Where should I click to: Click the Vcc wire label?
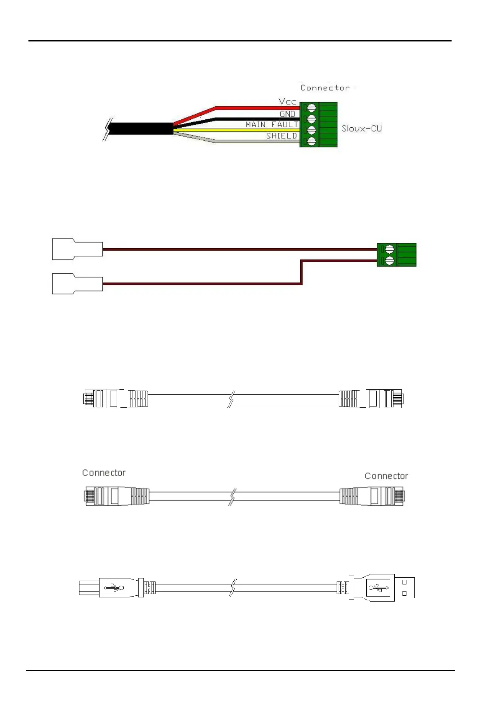coord(287,102)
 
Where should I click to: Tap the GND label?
coord(287,114)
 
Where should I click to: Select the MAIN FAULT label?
coord(272,125)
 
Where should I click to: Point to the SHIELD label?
coord(281,136)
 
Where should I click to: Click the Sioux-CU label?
coord(361,129)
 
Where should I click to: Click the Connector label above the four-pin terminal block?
coord(325,88)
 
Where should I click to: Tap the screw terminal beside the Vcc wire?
coord(311,108)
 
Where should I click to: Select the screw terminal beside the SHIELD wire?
coord(311,142)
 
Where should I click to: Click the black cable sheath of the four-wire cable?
coord(140,129)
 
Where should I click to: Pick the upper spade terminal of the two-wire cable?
coord(77,249)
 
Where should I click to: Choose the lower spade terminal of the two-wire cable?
coord(77,284)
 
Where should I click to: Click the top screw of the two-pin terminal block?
coord(389,249)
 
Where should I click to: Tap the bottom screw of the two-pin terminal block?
coord(389,261)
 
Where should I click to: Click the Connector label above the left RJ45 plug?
coord(104,473)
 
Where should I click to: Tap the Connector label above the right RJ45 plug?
coord(386,476)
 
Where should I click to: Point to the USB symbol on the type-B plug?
coord(113,588)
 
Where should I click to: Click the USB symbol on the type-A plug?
coord(378,588)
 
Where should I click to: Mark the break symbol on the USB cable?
coord(232,588)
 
